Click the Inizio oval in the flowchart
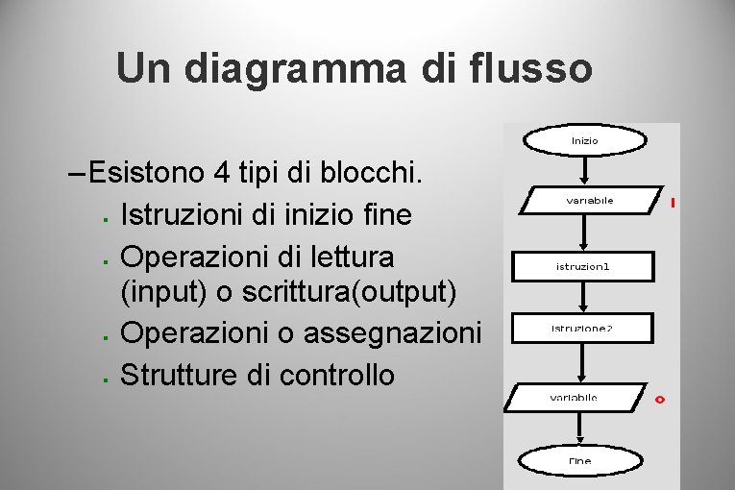coord(584,141)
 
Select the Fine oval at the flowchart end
coord(579,461)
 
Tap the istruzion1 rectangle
coord(582,266)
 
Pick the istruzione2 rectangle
coord(582,329)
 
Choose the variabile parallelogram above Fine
coord(576,398)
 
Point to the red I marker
coord(674,204)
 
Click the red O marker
coord(659,399)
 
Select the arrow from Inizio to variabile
coord(584,170)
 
